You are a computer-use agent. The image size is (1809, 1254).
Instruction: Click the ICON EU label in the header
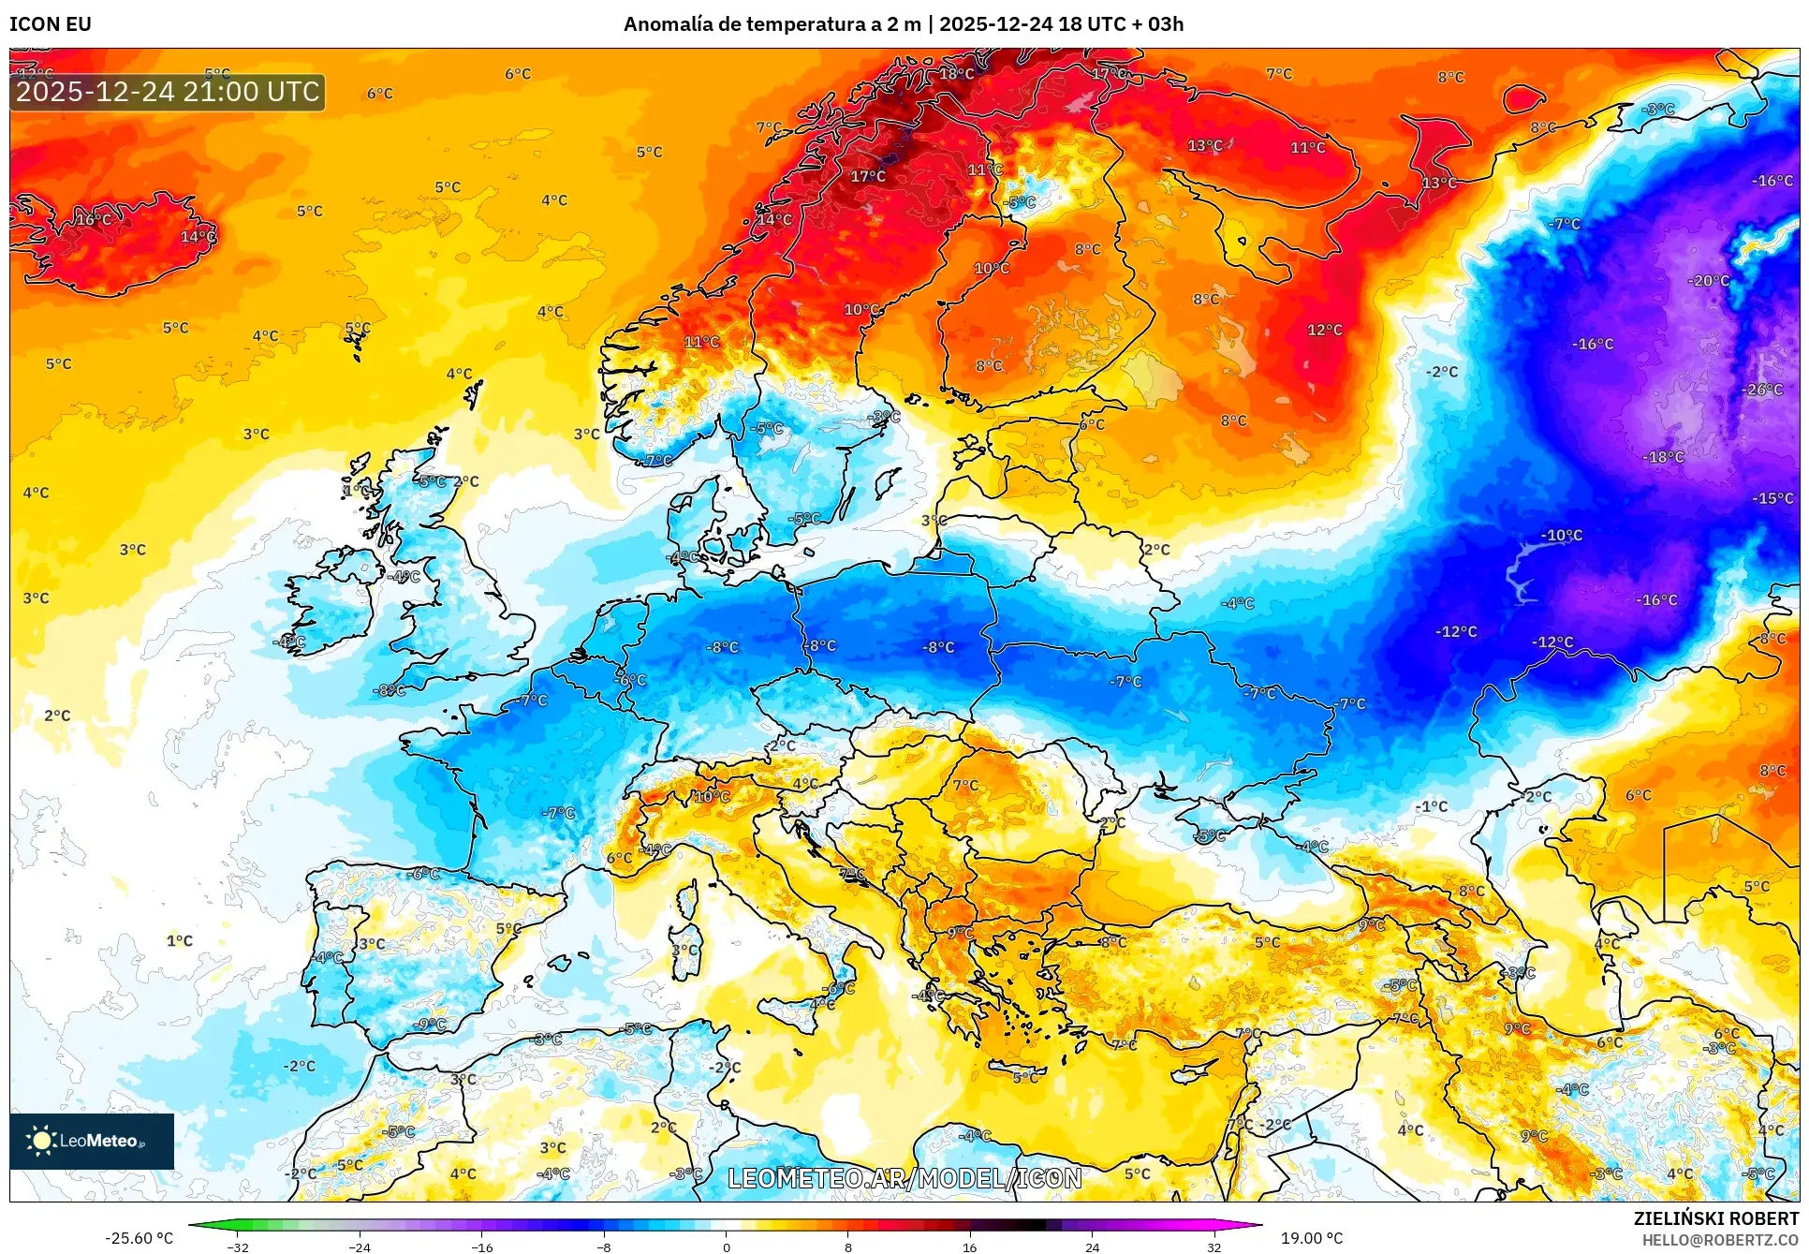pos(51,24)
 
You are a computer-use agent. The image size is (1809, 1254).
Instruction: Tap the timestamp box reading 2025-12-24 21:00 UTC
pos(168,92)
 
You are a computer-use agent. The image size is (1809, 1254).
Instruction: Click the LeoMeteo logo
pos(91,1141)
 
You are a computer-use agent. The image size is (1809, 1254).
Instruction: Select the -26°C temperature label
pos(1764,390)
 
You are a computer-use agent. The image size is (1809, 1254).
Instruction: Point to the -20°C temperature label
pos(1709,281)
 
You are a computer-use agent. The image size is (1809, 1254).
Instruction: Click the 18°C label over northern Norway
pos(956,73)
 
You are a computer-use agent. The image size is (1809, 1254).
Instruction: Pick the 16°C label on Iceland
pos(93,219)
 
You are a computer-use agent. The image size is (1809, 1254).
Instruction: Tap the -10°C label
pos(1562,536)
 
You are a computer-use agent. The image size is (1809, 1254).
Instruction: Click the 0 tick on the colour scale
pos(726,1247)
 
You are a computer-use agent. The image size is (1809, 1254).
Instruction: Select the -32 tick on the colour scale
pos(238,1247)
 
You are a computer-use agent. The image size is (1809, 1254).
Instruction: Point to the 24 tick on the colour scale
pos(1092,1247)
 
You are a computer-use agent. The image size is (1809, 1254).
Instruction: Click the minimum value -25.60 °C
pos(139,1238)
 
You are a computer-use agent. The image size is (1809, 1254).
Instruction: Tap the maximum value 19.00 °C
pos(1312,1238)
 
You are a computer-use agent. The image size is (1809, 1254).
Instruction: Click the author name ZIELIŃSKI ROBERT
pos(1715,1218)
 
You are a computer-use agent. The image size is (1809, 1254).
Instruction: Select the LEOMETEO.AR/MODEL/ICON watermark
pos(904,1178)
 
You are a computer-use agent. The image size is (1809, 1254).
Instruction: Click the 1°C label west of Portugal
pos(180,940)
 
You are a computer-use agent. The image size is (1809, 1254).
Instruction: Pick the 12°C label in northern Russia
pos(1324,330)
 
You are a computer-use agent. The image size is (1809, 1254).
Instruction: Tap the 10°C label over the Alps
pos(712,797)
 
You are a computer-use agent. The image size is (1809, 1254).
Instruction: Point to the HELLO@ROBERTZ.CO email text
pos(1719,1240)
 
